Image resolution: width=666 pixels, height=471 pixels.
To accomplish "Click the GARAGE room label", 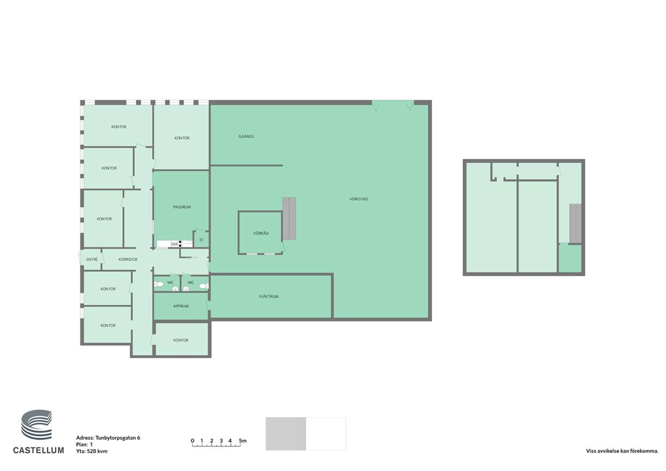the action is coord(246,136).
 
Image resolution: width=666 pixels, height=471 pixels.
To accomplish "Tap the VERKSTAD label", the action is coord(359,199).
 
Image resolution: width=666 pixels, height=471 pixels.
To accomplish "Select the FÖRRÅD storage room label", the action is coord(261,233).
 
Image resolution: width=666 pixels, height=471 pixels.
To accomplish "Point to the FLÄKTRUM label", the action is coord(269,296).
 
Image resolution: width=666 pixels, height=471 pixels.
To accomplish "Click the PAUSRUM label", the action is coord(182,207).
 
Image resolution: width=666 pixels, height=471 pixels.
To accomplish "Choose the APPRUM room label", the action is coord(181,306).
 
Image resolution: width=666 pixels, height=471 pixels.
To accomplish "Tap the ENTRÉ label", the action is coord(92,259).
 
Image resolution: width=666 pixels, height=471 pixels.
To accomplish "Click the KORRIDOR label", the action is coord(128,259).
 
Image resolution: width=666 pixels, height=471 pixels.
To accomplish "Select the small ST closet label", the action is coord(201,240).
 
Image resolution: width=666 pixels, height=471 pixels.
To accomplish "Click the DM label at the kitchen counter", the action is coord(174,244).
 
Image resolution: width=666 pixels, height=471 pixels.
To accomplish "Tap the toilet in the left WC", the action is coord(158,284).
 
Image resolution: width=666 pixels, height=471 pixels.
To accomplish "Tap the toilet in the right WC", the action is coord(204,286).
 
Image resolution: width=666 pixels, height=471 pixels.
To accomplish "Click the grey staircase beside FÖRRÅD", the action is coord(289,218).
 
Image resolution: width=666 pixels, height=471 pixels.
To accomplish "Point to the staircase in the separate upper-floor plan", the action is coord(575,223).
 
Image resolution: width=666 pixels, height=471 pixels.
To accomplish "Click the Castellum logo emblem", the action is coord(37,425).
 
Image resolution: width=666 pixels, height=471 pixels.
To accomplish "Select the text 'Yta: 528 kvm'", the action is coord(92,451).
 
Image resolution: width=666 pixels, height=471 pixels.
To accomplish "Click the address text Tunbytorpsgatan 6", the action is coord(118,438).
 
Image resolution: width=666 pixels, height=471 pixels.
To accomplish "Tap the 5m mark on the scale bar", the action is coord(242,440).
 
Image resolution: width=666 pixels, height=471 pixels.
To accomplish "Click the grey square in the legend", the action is coord(286,433).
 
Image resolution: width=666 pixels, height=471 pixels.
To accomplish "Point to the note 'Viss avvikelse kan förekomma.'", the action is coord(622,451).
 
